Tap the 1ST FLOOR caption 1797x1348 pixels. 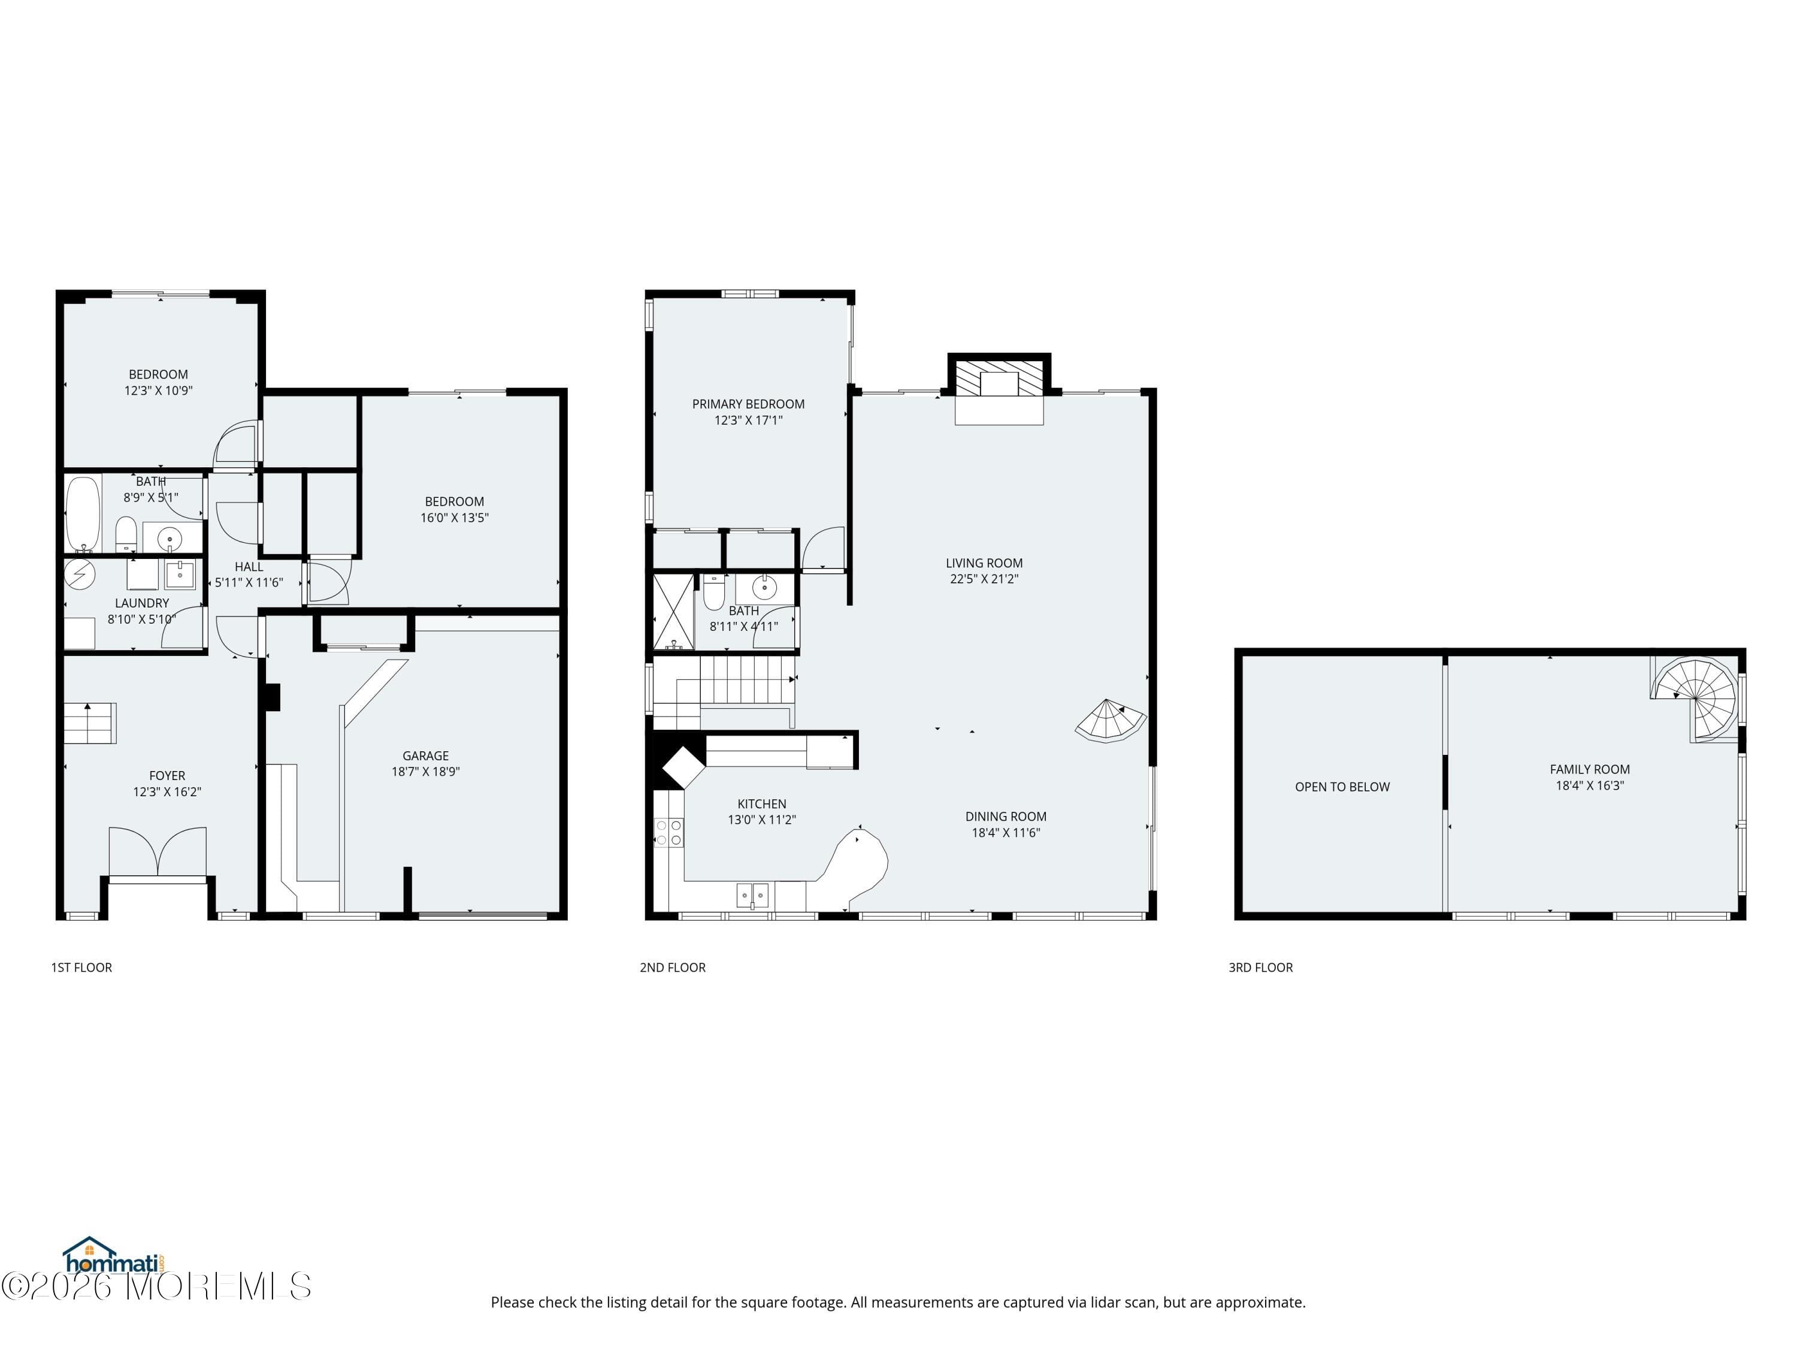pos(81,967)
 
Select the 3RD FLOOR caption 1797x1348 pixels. pos(1260,967)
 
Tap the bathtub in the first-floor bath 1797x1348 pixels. pos(82,513)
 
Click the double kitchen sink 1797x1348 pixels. pos(752,894)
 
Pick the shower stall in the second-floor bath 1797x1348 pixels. pos(673,611)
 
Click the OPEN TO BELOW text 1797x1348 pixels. pos(1342,787)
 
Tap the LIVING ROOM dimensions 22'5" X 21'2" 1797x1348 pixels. pos(984,579)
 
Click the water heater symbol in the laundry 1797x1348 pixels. pos(80,575)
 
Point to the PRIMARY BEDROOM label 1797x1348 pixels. pos(748,404)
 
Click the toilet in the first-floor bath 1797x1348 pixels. pos(126,534)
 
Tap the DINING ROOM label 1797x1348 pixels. pos(1006,817)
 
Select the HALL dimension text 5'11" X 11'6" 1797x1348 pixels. pos(249,582)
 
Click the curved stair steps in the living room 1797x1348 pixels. pos(1109,721)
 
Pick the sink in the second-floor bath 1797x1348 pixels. pos(764,586)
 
